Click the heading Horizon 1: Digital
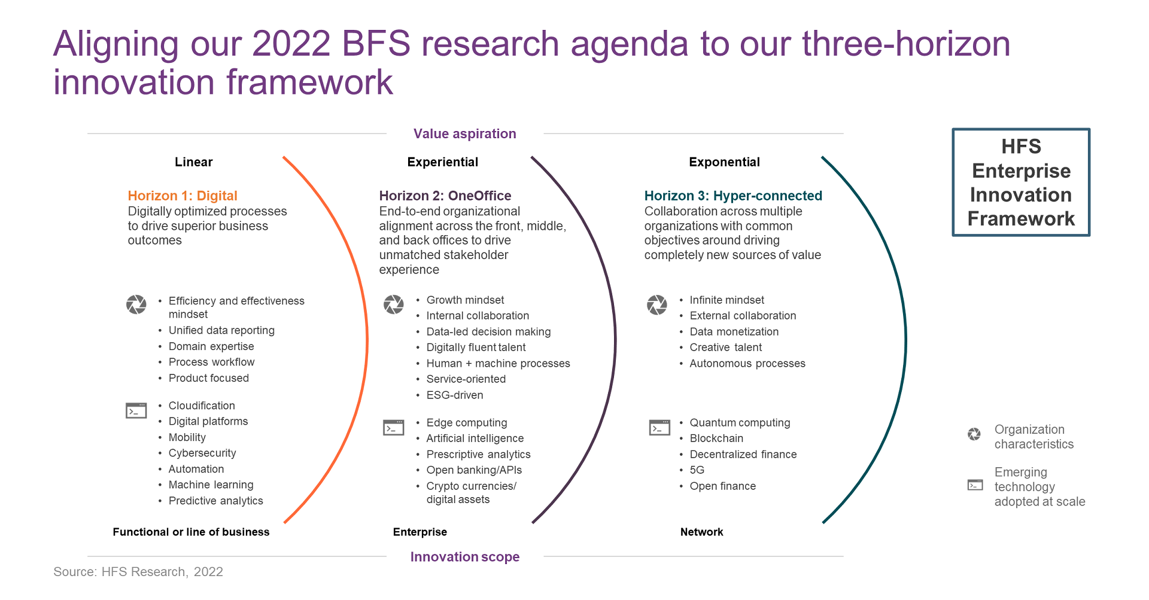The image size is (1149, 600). coord(183,196)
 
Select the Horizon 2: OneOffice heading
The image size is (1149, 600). coord(445,196)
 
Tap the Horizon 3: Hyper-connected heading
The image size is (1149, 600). coord(733,196)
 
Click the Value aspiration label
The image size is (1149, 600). coord(464,133)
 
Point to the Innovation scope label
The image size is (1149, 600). coord(464,557)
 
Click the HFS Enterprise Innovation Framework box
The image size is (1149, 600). coord(1021,182)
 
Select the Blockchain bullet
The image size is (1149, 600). coord(716,438)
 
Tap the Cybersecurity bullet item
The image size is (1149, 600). coord(202,453)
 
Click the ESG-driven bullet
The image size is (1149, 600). coord(455,395)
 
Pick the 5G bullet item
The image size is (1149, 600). coord(697,470)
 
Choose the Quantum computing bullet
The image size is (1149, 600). coord(740,423)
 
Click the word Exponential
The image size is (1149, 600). coord(724,162)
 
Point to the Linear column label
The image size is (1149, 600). coord(193,162)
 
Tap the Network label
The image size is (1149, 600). coord(701,532)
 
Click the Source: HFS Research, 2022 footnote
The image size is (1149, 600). coord(138,572)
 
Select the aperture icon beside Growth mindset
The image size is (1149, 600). coord(393,304)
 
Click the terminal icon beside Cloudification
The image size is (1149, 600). coord(136,410)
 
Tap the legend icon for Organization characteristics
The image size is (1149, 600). coord(974,434)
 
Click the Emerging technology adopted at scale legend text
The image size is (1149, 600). coord(1039,487)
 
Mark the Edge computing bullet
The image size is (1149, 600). coord(467,423)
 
